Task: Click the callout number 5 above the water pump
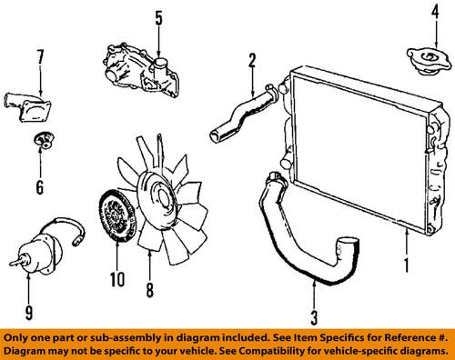pos(157,17)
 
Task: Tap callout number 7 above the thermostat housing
pos(39,56)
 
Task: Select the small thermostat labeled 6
pos(41,140)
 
